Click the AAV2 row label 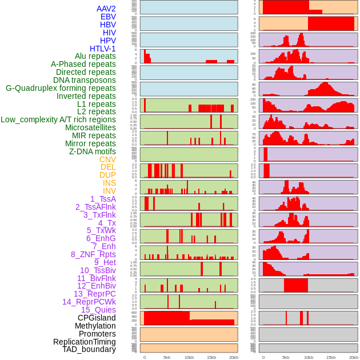point(106,9)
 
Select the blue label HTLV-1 point(102,49)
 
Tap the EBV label point(108,17)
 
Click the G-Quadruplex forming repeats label point(61,88)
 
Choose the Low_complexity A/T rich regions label point(58,119)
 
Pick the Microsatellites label point(90,127)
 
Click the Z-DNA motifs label point(93,151)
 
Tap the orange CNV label point(107,159)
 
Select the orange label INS point(109,183)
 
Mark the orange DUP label point(107,175)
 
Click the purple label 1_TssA point(103,199)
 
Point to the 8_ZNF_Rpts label point(93,254)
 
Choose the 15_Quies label point(98,310)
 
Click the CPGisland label point(97,318)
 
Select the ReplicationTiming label point(84,342)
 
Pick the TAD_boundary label point(89,349)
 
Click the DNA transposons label point(85,80)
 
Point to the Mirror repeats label point(90,143)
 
